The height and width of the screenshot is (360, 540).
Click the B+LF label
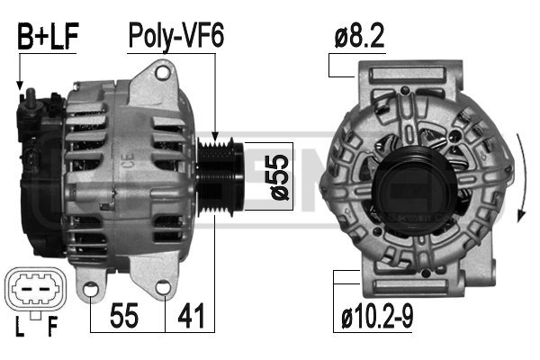(48, 36)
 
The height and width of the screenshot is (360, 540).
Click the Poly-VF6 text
(176, 36)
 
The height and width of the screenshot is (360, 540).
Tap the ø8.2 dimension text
(359, 36)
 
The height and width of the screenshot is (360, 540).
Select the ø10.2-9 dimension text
(377, 318)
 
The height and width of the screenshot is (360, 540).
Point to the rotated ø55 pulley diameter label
(279, 176)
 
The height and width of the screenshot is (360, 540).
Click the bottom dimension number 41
(191, 316)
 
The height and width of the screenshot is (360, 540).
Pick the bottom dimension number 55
(124, 316)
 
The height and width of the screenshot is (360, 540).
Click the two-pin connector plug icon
(35, 290)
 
